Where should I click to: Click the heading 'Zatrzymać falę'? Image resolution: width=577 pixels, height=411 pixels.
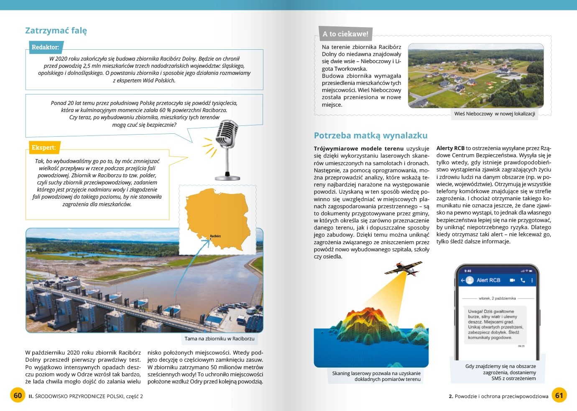pos(56,31)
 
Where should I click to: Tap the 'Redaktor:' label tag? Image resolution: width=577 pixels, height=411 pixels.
pos(45,47)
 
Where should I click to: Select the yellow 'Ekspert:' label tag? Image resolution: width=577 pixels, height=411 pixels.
pos(43,148)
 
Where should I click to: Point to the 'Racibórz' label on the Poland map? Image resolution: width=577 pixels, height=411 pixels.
pos(215,236)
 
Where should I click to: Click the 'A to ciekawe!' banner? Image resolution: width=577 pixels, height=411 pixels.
pos(345,34)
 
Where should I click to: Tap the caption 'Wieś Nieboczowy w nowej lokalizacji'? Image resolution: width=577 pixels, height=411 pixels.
pos(495,114)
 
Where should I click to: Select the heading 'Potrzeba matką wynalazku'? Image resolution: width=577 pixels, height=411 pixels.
pos(370,135)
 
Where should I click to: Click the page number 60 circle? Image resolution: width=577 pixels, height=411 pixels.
pos(18,396)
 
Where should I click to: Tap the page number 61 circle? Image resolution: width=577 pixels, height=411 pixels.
pos(559,396)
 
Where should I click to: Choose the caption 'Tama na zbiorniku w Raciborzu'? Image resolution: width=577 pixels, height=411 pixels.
pos(220,339)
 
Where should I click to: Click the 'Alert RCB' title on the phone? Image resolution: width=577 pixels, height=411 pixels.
pos(488,280)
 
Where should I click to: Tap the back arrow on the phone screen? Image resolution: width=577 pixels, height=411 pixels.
pos(463,280)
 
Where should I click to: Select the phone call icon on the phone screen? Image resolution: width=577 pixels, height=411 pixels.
pos(523,280)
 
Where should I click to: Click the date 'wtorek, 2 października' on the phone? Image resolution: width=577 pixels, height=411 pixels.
pos(497,299)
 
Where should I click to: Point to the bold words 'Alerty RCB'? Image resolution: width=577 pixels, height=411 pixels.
pos(450,148)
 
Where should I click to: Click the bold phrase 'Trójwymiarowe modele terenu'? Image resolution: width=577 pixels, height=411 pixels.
pos(359,148)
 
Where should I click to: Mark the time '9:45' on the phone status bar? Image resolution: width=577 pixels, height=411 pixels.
pos(467,271)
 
